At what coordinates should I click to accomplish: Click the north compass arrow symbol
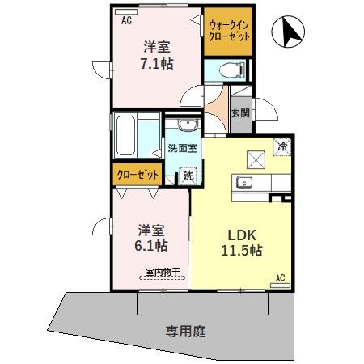click(x=290, y=33)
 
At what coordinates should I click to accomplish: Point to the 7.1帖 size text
click(x=155, y=62)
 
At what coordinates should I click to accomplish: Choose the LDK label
click(x=241, y=235)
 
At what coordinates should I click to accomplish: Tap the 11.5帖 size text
click(x=241, y=251)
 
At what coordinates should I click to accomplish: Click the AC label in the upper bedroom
click(x=126, y=22)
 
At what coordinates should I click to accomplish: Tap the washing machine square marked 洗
click(x=188, y=174)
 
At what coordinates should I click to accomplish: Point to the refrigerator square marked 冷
click(x=283, y=146)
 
